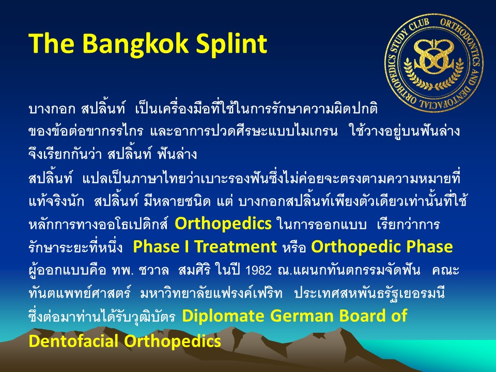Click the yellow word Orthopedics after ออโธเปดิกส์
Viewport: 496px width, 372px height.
tap(223, 224)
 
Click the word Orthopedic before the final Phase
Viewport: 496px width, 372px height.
tap(356, 247)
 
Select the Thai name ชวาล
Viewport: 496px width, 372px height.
tap(154, 270)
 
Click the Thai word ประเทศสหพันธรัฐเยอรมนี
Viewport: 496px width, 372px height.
tap(369, 294)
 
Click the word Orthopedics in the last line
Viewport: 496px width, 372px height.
tap(173, 342)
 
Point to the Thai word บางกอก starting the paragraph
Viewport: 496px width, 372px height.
tap(52, 109)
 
